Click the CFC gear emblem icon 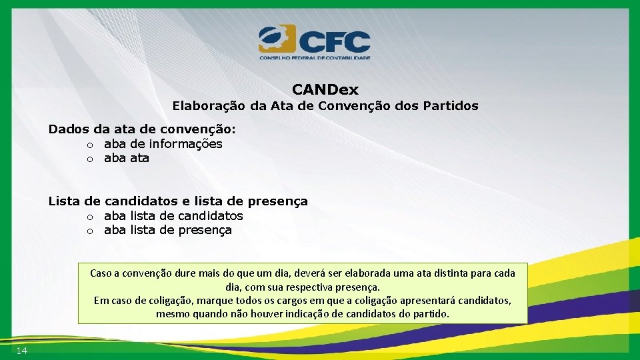277,39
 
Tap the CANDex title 325,89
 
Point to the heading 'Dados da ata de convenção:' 142,129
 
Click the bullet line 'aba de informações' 163,143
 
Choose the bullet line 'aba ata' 126,158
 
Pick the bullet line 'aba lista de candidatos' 173,215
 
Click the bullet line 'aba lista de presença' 167,230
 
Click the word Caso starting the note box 101,273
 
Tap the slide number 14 21,351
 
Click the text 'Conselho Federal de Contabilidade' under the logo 315,58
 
